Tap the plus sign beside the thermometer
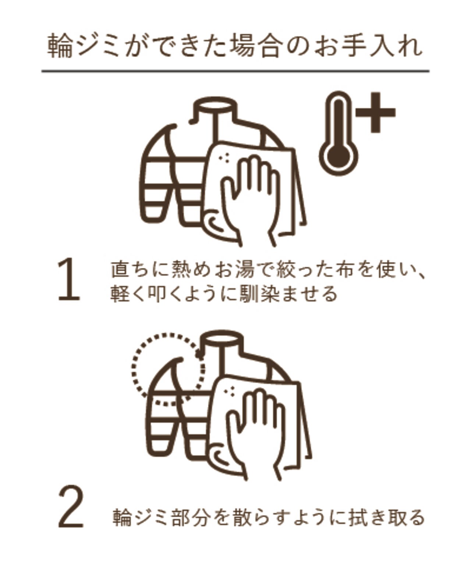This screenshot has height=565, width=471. tap(375, 112)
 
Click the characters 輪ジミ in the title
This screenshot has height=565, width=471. tap(84, 45)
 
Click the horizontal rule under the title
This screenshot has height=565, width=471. tap(235, 71)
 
